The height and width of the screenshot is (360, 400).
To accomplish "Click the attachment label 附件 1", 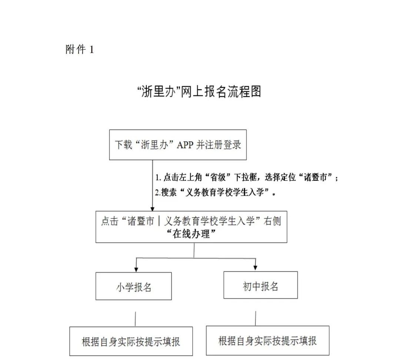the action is (80, 49).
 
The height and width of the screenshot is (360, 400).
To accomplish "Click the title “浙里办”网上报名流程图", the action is (199, 92).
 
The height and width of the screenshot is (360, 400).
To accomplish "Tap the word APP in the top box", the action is (185, 145).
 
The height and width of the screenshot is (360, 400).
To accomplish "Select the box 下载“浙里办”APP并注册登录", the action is (178, 145).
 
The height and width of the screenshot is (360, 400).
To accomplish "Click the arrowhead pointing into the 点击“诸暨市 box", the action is (153, 209).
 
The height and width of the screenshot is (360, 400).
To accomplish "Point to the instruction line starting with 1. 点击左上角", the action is (247, 177).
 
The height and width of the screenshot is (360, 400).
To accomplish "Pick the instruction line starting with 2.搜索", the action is (216, 192).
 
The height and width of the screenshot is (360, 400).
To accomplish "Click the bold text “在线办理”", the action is (191, 234).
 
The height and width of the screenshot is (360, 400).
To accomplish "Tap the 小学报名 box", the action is (133, 286).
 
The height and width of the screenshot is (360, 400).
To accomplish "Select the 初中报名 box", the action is (260, 285).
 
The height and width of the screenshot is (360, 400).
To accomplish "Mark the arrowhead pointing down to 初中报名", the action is (255, 268).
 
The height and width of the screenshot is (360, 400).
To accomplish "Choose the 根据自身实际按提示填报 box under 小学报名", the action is (131, 341).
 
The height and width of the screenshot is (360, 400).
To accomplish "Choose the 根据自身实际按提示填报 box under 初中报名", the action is (268, 340).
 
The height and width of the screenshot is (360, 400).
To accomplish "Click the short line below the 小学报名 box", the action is (135, 318).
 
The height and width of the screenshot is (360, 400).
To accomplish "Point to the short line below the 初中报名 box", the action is (256, 318).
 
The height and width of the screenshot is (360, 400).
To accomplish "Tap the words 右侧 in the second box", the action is (273, 221).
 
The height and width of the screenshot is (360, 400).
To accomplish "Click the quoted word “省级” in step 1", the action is (218, 177).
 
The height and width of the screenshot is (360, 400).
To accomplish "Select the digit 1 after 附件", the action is (91, 50).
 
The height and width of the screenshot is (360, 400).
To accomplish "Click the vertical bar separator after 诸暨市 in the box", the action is (159, 221).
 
